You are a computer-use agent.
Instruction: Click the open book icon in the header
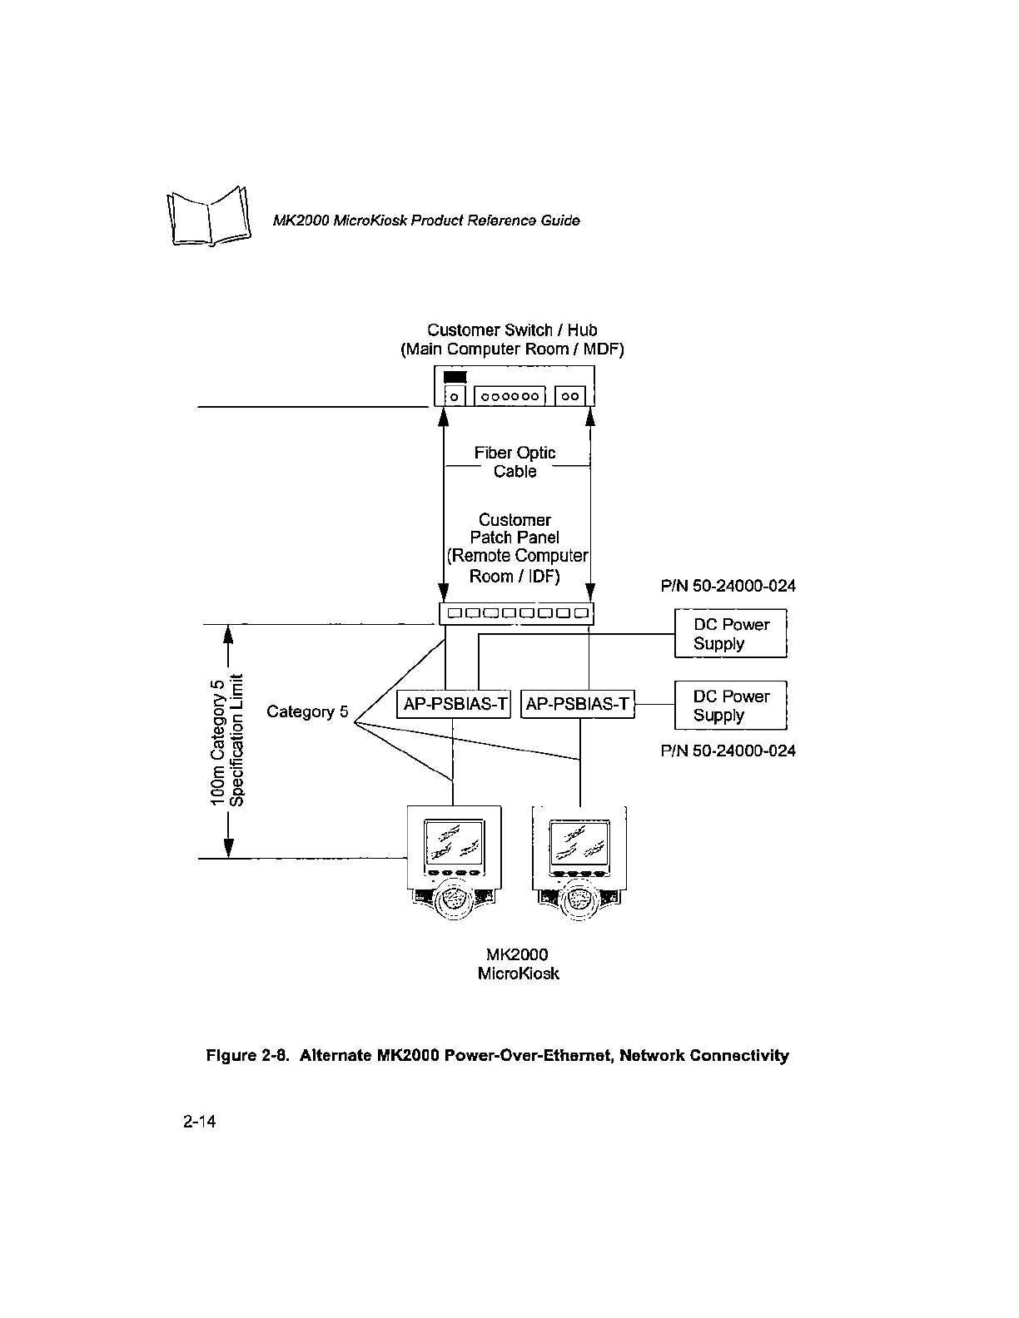tap(209, 216)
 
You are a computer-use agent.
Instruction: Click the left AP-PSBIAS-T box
tap(454, 704)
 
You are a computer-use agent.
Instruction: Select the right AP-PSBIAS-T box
tap(578, 704)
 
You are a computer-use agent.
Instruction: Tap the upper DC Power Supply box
tap(731, 633)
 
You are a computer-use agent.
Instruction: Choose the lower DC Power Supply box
tap(731, 705)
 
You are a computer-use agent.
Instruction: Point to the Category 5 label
tap(307, 711)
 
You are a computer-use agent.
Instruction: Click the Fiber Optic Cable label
tap(514, 462)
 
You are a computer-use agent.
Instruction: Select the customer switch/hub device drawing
tap(514, 386)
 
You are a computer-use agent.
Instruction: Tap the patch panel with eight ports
tap(516, 613)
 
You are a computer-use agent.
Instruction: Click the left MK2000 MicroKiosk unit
tap(454, 861)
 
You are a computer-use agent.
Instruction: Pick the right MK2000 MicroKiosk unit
tap(579, 861)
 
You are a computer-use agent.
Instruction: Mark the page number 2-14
tap(199, 1122)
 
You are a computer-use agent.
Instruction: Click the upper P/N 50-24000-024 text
tap(728, 586)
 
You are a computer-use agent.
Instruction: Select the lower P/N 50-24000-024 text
tap(728, 751)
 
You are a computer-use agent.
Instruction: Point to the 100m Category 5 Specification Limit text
tap(227, 740)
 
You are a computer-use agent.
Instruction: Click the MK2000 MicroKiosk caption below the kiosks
tap(518, 964)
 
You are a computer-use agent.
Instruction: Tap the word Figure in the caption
tap(231, 1056)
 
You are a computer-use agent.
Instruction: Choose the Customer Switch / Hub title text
tap(512, 330)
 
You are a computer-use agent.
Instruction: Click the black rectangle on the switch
tap(455, 377)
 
